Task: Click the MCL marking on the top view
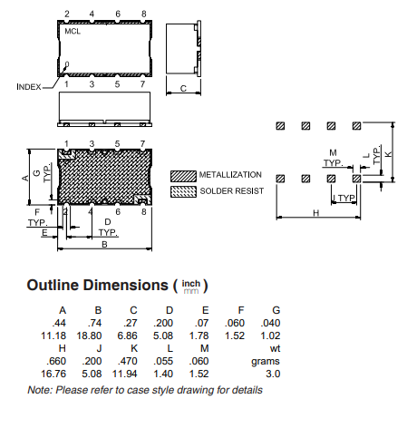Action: [73, 31]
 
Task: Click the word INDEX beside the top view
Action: [29, 87]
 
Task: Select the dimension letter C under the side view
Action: [183, 88]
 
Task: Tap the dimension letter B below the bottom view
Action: [104, 244]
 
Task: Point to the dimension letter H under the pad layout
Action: [315, 213]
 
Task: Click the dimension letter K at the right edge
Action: [388, 154]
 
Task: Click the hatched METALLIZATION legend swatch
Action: [183, 176]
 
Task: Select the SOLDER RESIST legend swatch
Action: [183, 191]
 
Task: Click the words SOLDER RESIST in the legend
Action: [232, 191]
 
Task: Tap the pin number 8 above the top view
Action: [144, 14]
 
